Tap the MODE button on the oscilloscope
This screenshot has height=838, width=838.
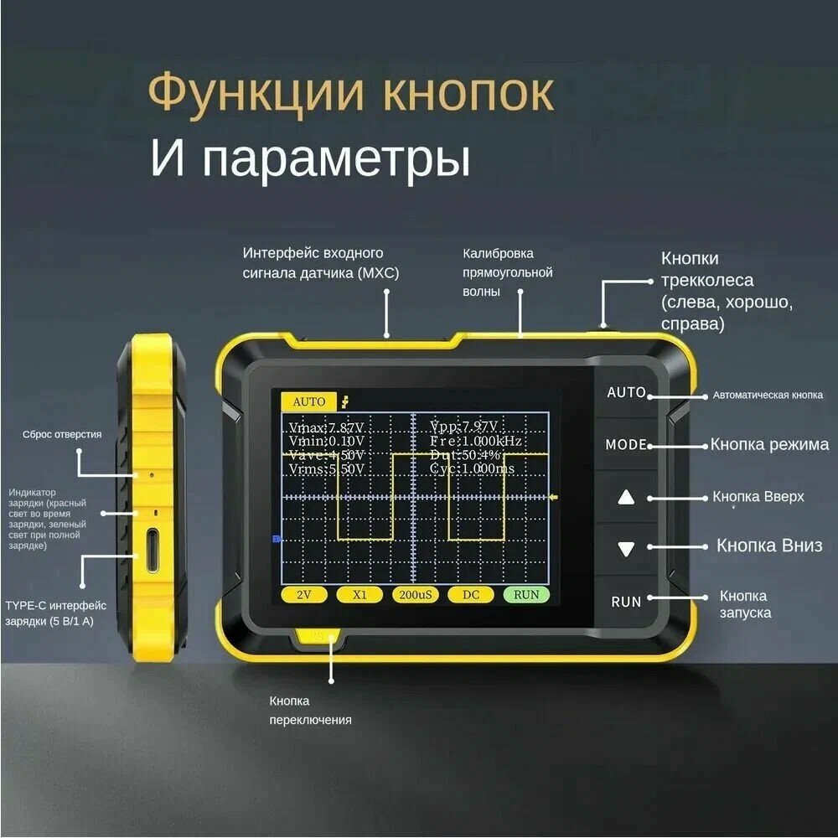coord(626,445)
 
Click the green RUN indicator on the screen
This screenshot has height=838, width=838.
coord(526,595)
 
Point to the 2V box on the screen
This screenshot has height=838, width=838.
coord(304,595)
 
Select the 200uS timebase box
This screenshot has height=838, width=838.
coord(415,595)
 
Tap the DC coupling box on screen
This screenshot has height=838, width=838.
coord(470,595)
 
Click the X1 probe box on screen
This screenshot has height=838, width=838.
coord(360,595)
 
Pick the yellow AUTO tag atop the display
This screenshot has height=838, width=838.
coord(308,401)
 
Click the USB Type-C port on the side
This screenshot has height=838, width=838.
coord(153,550)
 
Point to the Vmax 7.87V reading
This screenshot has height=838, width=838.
coord(327,427)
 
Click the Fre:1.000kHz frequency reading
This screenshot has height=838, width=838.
coord(475,441)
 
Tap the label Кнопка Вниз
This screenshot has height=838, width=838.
coord(769,546)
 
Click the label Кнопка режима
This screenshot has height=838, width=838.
coord(769,444)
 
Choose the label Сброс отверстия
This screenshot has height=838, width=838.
coord(62,434)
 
